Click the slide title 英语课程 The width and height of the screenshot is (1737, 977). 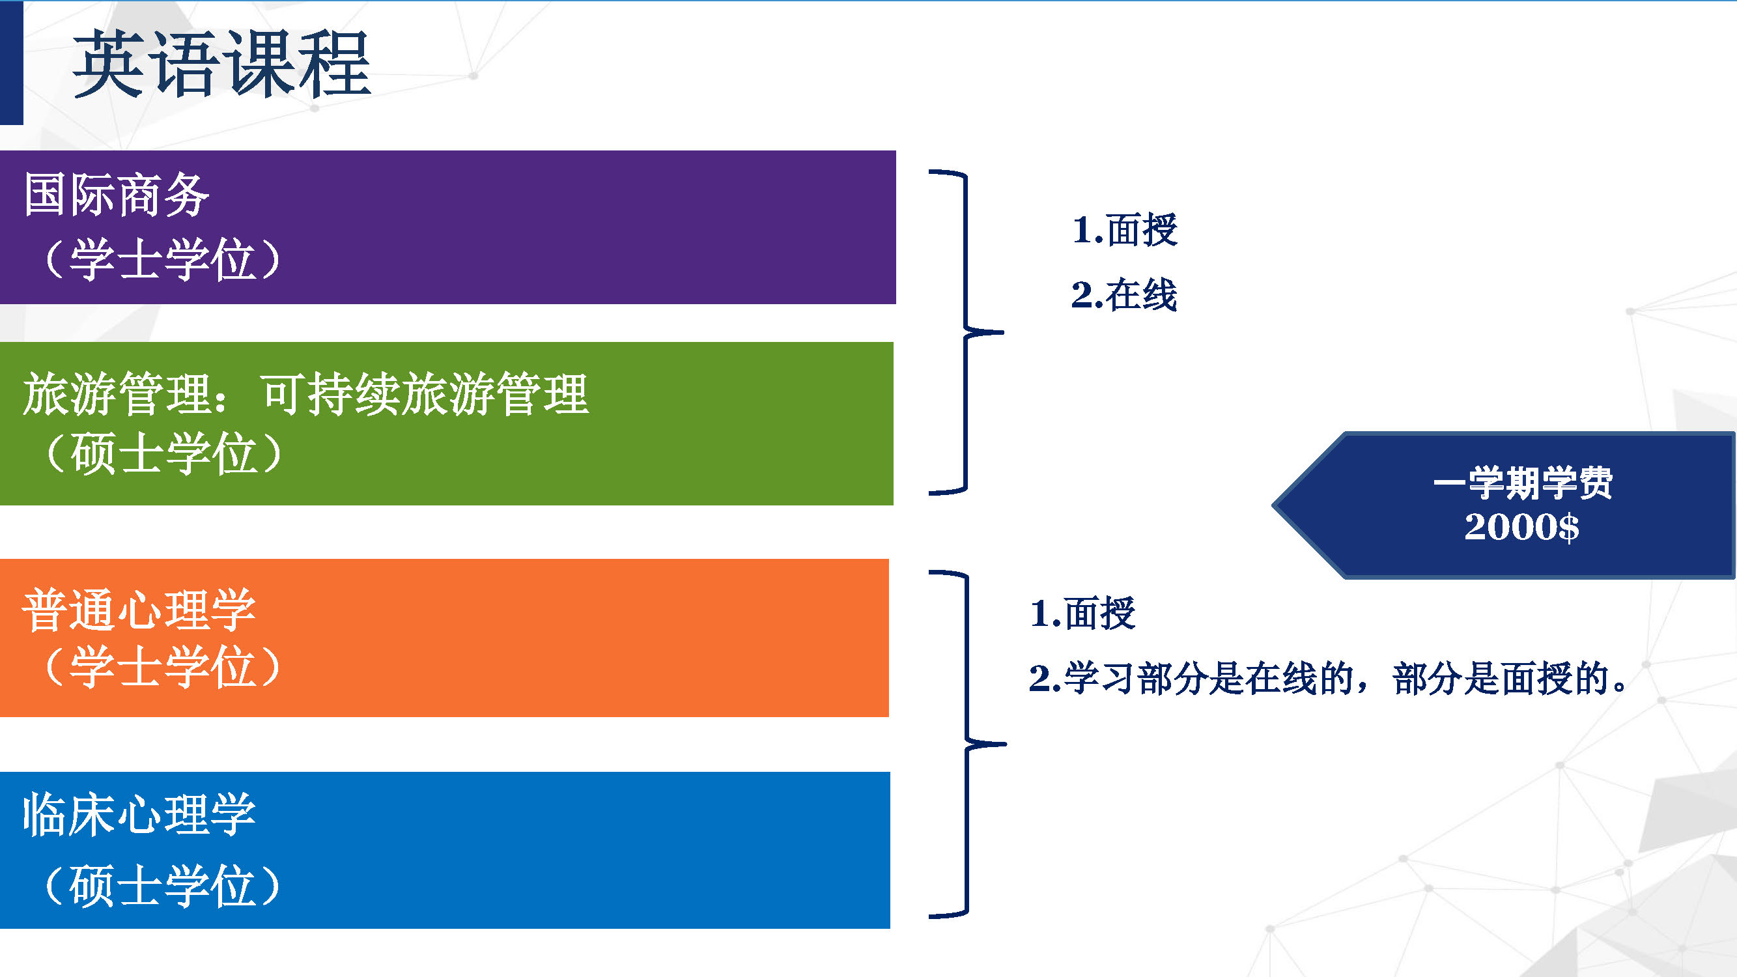click(x=222, y=64)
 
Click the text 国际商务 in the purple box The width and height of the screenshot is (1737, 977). click(x=117, y=195)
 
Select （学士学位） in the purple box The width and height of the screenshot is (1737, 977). click(x=162, y=260)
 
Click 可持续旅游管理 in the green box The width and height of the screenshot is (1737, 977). click(x=425, y=395)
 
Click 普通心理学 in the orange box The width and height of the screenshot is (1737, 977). click(x=139, y=610)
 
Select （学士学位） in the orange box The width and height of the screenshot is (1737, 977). click(x=162, y=667)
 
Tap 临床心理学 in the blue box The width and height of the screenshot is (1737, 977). click(x=139, y=815)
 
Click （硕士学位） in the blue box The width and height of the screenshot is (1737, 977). click(x=162, y=885)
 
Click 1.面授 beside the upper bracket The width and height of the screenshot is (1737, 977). click(x=1125, y=230)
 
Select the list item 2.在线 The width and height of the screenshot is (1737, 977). click(x=1125, y=294)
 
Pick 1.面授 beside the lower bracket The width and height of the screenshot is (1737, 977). click(x=1083, y=614)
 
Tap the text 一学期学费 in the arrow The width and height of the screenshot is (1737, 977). click(x=1523, y=483)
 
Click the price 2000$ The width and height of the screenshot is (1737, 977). click(x=1522, y=526)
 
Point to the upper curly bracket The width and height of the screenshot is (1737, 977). click(x=967, y=332)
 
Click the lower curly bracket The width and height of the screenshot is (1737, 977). click(x=967, y=744)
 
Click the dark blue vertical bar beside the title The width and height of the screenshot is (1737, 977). click(x=12, y=63)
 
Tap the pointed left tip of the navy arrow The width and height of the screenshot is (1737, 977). click(x=1273, y=504)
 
